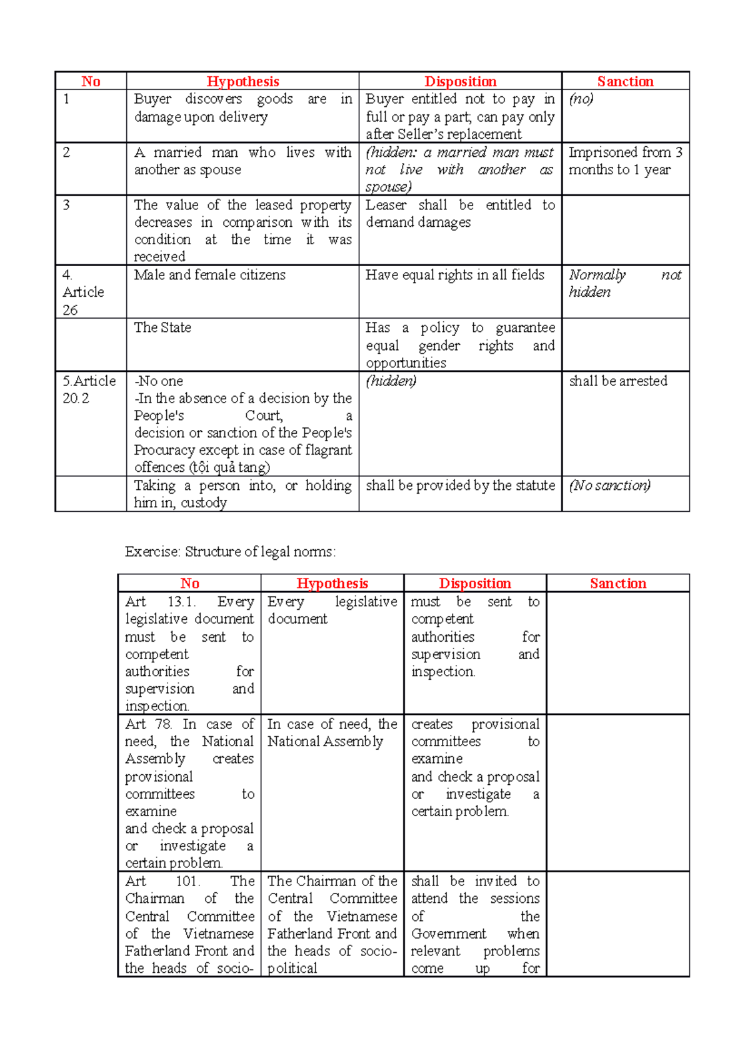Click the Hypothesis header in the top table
[242, 81]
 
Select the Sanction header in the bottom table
[617, 583]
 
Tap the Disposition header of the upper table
[460, 81]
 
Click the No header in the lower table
[189, 583]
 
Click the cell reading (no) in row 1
[581, 99]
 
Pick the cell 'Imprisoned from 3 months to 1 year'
[625, 161]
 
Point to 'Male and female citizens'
[209, 275]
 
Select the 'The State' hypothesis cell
[162, 327]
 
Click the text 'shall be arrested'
[617, 381]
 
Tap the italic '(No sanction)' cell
[609, 486]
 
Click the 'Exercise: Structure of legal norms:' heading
[230, 551]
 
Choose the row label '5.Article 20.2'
[89, 389]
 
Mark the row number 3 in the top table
[66, 205]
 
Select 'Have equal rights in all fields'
[454, 275]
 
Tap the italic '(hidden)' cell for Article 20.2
[391, 381]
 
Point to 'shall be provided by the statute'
[460, 486]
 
